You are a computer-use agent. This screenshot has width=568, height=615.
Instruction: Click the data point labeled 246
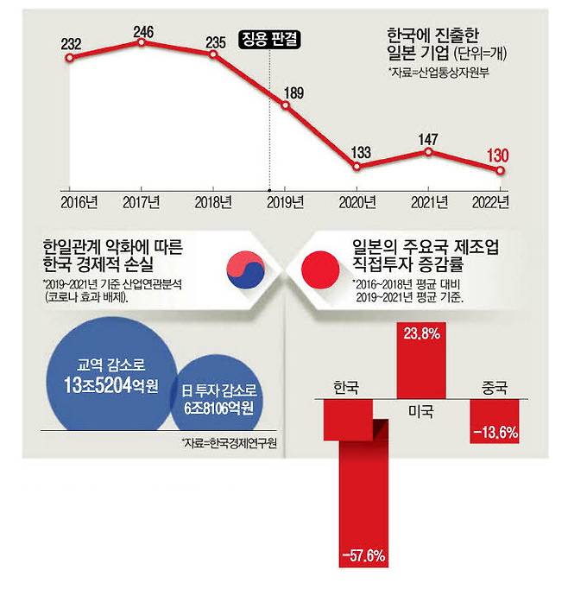(x=142, y=40)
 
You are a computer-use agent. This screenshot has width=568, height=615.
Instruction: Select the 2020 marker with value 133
(x=357, y=165)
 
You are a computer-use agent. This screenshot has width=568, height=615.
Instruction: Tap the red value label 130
(x=500, y=155)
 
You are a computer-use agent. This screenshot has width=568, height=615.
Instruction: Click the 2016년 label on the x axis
(x=78, y=204)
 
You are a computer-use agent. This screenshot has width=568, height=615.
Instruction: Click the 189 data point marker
(x=286, y=105)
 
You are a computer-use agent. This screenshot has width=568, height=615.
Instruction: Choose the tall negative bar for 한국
(x=355, y=484)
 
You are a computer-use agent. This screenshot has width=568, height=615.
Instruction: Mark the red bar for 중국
(x=495, y=421)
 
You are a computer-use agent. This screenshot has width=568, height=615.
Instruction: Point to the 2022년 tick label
(x=493, y=204)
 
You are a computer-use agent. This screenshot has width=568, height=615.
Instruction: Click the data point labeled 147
(x=429, y=151)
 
